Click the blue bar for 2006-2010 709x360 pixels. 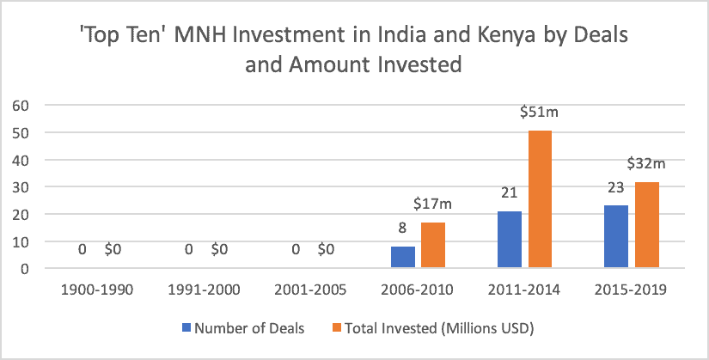(x=403, y=258)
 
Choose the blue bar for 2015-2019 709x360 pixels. (x=617, y=237)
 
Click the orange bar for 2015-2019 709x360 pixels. (x=647, y=225)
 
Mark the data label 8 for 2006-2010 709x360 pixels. (x=403, y=229)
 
